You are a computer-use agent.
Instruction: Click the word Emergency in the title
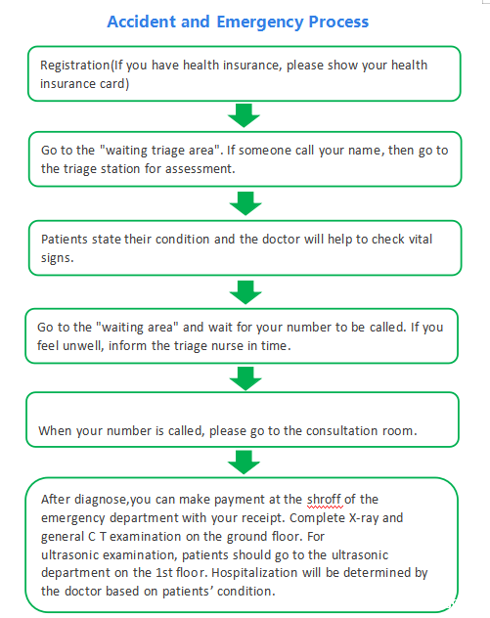259,22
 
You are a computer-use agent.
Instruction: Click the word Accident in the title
141,22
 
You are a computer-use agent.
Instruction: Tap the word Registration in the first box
75,66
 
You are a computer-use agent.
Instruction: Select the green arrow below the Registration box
244,115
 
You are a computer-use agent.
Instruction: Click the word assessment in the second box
200,169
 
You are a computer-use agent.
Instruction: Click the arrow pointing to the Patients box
245,203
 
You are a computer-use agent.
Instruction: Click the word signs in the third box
57,258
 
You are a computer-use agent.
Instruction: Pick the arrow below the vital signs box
245,292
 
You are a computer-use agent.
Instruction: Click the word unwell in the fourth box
83,345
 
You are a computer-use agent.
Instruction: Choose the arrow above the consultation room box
245,378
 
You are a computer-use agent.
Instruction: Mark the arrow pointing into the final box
244,463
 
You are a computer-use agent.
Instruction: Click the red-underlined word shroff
324,500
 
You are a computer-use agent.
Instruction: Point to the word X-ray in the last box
364,518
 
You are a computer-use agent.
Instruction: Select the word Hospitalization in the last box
254,573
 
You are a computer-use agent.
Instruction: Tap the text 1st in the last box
164,573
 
